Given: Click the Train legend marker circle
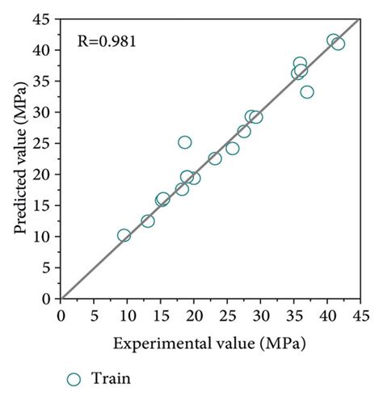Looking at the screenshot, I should [74, 378].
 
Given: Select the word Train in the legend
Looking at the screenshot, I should [112, 378].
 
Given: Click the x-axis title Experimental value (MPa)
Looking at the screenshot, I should [210, 343].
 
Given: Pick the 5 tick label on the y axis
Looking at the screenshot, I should [48, 267].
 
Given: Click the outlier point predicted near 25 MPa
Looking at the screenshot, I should [185, 142].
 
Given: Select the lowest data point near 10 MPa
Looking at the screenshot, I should [124, 235].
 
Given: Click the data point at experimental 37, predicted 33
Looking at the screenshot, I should [307, 91].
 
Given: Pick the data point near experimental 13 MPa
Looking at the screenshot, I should [148, 221].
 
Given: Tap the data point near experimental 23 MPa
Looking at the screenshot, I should [215, 158].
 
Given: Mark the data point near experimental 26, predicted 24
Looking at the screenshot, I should [233, 148].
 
